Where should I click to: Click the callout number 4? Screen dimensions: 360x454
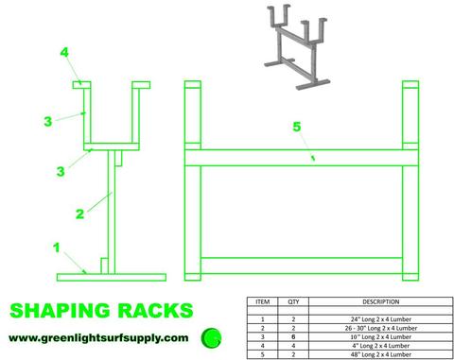[64, 53]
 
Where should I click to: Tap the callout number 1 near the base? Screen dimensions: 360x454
[56, 250]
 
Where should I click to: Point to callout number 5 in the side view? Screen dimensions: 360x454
[296, 126]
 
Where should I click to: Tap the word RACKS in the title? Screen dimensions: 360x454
[157, 310]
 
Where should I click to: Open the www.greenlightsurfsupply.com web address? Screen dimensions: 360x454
[98, 337]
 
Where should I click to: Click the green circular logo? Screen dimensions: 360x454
[214, 335]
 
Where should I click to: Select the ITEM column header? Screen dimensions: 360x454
[263, 304]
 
